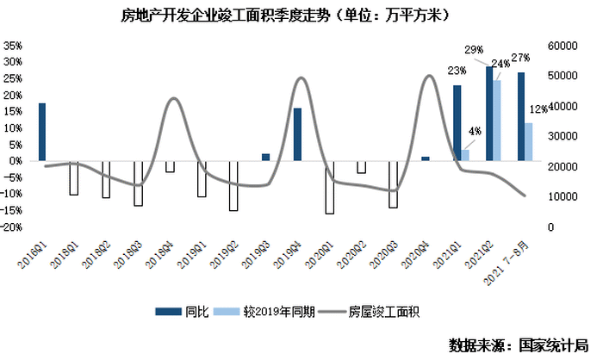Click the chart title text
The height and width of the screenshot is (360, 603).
click(x=301, y=16)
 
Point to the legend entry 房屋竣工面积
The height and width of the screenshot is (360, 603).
click(x=384, y=310)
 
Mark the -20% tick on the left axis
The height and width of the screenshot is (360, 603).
click(x=12, y=227)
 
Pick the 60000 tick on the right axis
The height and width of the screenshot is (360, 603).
click(x=563, y=45)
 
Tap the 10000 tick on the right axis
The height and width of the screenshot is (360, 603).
click(x=563, y=196)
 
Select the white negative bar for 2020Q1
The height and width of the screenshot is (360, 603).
click(x=329, y=187)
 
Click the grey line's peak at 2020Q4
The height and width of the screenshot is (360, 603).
click(x=430, y=76)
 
